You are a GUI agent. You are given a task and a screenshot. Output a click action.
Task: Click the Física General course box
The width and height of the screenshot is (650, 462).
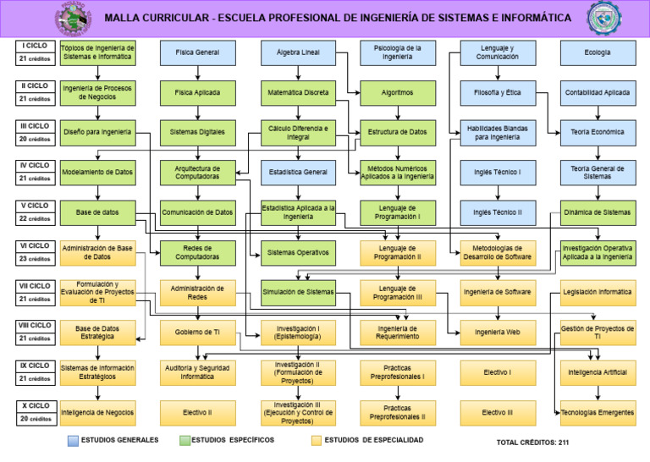(x=197, y=52)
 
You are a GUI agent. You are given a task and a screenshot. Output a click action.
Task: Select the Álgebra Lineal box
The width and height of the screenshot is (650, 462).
(x=298, y=52)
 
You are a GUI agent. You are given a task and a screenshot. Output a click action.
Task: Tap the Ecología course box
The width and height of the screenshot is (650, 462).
(x=598, y=52)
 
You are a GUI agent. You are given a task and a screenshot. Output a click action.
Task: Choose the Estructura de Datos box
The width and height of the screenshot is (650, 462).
(x=398, y=132)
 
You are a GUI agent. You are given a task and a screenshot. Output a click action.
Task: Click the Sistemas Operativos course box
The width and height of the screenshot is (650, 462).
(x=298, y=252)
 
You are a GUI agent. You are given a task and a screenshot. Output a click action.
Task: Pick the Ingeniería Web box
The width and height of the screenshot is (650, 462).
(x=498, y=333)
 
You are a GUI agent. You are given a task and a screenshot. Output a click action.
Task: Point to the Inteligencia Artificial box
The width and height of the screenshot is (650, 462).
(x=598, y=372)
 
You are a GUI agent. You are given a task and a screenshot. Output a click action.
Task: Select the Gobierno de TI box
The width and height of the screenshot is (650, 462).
(x=197, y=333)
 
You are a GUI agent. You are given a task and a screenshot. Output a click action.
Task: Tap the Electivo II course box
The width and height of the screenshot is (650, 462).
(x=197, y=412)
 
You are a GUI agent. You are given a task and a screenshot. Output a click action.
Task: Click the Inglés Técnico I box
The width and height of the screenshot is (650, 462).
(x=498, y=173)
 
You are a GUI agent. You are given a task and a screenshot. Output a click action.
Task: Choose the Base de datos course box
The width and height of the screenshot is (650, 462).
(x=97, y=212)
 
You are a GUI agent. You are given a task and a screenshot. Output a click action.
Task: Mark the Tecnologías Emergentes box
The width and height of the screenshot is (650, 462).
(x=598, y=412)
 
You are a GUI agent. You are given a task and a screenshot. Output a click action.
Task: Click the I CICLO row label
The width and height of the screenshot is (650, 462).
(x=35, y=46)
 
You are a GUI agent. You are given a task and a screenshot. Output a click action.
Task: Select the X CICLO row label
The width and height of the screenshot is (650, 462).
(x=35, y=406)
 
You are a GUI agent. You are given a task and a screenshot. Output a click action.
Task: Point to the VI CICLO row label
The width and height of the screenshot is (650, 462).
(x=35, y=246)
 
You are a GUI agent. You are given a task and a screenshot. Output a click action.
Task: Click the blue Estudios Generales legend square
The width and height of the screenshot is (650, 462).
(x=73, y=440)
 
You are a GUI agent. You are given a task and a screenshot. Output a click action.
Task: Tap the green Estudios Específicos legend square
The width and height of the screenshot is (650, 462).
(x=185, y=440)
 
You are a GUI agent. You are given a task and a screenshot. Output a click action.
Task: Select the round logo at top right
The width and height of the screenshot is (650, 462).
(x=603, y=17)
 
